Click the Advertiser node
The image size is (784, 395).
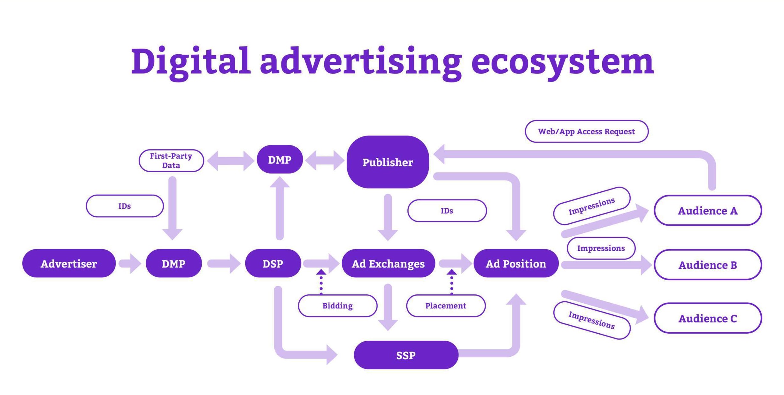click(x=69, y=263)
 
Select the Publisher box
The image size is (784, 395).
click(x=388, y=162)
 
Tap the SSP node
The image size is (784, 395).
click(x=406, y=355)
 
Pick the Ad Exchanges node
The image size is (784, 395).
click(x=388, y=263)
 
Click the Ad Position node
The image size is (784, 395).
click(x=516, y=263)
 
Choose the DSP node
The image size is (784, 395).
click(x=273, y=263)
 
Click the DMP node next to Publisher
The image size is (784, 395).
click(x=280, y=159)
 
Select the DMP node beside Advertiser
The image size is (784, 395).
click(x=173, y=263)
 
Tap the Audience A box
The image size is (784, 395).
click(x=708, y=210)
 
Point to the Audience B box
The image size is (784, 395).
click(x=708, y=265)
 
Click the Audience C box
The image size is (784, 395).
click(x=708, y=318)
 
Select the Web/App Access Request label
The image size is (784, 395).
click(x=586, y=131)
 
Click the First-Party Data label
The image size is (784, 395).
click(x=171, y=160)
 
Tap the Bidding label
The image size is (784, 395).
click(x=337, y=306)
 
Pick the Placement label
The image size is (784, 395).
click(x=446, y=306)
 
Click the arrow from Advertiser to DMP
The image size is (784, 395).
click(x=130, y=264)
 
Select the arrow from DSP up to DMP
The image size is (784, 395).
click(x=280, y=209)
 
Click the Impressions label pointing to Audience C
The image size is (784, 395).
click(x=592, y=320)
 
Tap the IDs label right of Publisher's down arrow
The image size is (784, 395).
click(x=447, y=211)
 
